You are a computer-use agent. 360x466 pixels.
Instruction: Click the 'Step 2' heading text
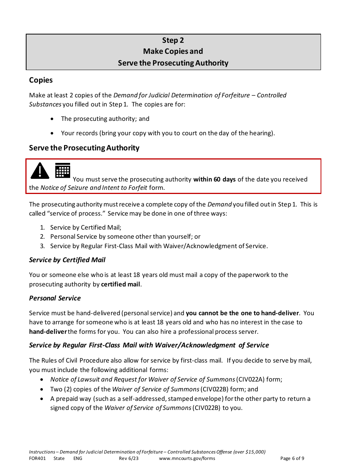173,41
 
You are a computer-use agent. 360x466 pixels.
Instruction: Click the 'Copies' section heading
41,80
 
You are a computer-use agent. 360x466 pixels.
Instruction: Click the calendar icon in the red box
63,170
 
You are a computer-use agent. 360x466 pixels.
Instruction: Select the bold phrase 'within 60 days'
214,179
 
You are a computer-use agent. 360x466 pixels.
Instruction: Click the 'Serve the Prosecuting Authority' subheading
84,148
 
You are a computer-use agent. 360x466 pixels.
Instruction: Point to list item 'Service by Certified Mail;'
86,227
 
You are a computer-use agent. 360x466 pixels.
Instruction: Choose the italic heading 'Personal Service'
55,298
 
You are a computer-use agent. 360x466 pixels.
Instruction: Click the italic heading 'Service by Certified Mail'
67,260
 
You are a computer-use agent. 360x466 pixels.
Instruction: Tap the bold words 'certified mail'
121,284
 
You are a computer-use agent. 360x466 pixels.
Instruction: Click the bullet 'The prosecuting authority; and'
105,119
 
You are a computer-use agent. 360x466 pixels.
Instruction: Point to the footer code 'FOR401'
37,458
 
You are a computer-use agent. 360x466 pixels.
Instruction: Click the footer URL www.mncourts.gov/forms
187,458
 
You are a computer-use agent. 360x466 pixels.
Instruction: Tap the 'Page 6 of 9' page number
292,458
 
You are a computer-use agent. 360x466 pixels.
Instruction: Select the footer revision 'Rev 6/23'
128,458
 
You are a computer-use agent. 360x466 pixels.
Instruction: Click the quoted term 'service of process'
76,213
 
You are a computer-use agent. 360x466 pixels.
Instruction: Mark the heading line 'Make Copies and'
173,52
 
